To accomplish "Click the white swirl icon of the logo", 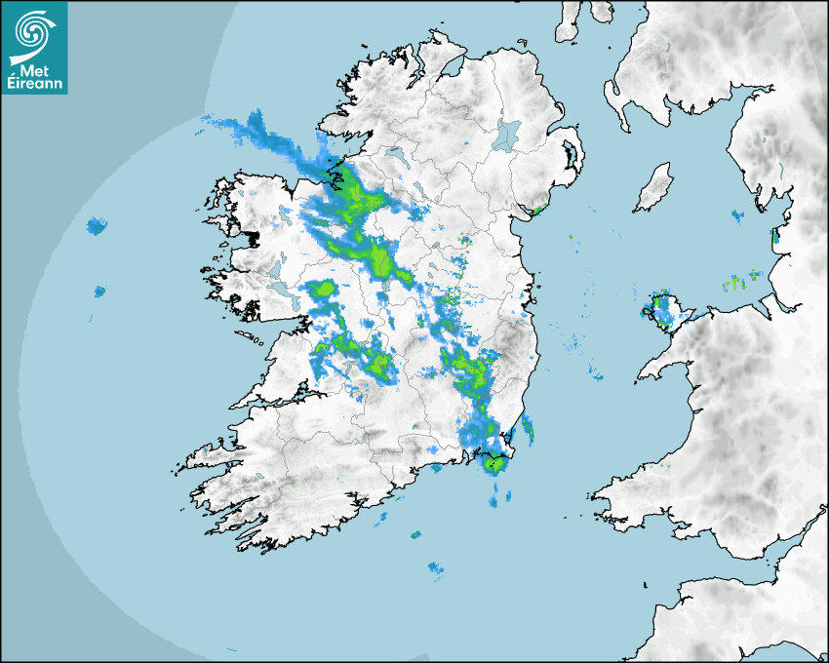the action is pyautogui.click(x=32, y=32).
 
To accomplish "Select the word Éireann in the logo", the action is pyautogui.click(x=34, y=83).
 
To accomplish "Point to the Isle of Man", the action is pyautogui.click(x=654, y=187).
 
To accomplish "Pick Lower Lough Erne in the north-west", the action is pyautogui.click(x=394, y=154).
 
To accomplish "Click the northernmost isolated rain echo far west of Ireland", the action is pyautogui.click(x=96, y=227).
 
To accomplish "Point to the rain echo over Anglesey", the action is pyautogui.click(x=663, y=310).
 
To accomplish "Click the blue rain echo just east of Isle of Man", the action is pyautogui.click(x=737, y=214).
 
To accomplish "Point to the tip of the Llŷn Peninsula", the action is pyautogui.click(x=642, y=375).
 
